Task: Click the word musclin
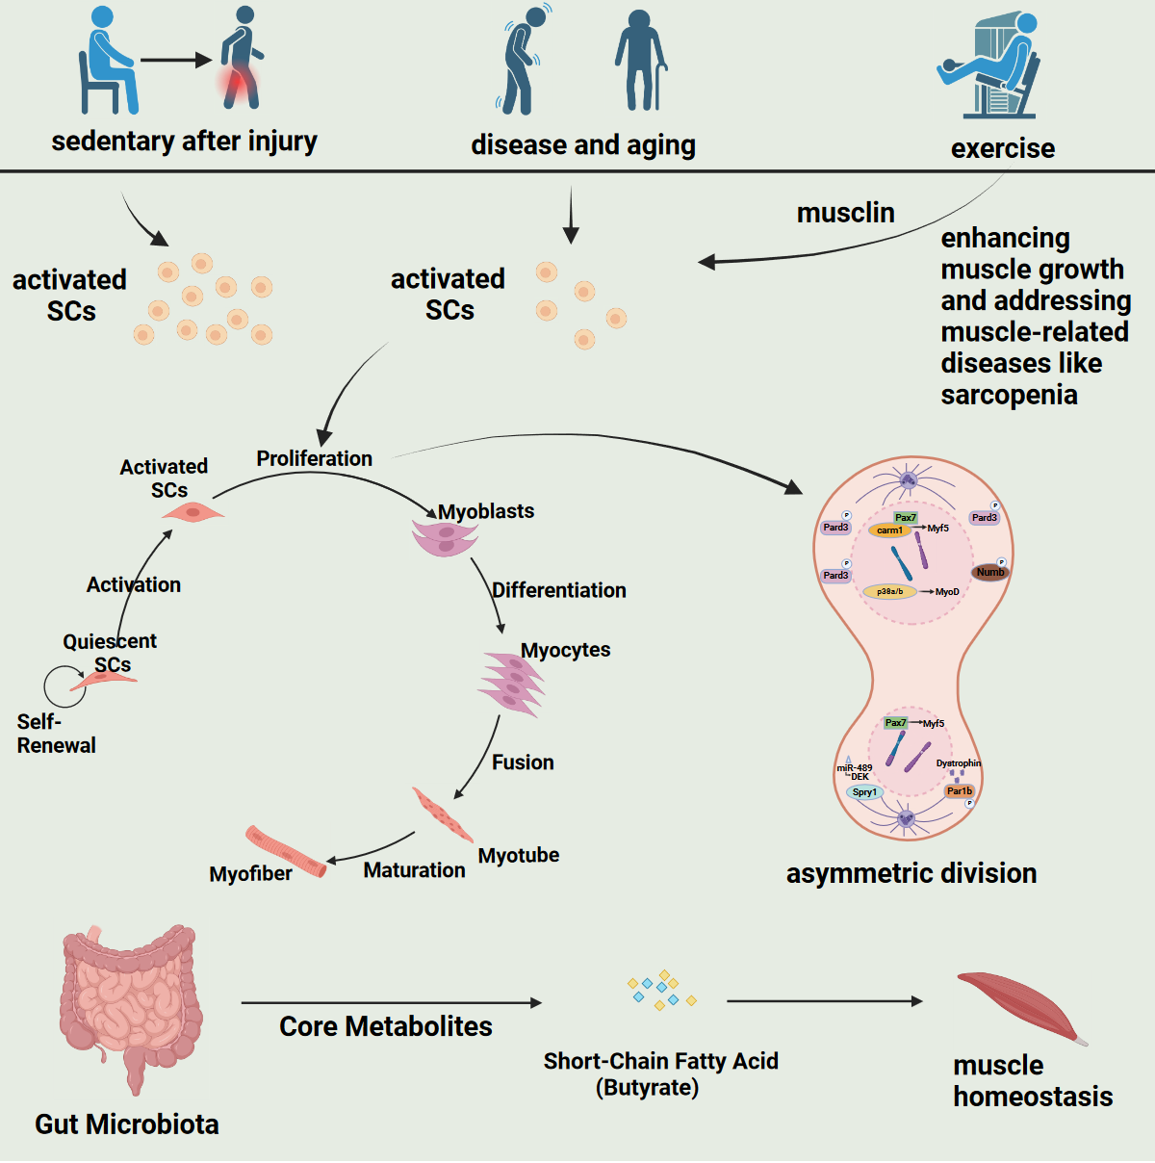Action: [x=845, y=213]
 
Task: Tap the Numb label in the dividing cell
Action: [x=989, y=572]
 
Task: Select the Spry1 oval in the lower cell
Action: [x=864, y=792]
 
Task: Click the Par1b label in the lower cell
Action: [x=959, y=791]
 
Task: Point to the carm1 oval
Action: [x=889, y=530]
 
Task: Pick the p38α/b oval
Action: [x=889, y=591]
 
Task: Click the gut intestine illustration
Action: [x=130, y=1001]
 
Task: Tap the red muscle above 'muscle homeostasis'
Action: [x=1020, y=1006]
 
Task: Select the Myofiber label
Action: [x=250, y=874]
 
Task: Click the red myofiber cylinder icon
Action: [x=285, y=852]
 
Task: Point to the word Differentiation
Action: [x=558, y=590]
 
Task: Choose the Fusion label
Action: [x=523, y=762]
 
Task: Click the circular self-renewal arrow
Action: [x=64, y=686]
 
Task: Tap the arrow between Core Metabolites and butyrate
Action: [x=390, y=1003]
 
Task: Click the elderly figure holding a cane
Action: [x=640, y=60]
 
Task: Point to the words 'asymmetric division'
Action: [x=911, y=873]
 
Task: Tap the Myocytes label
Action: [x=565, y=650]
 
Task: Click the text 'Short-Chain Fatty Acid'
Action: [x=660, y=1061]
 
